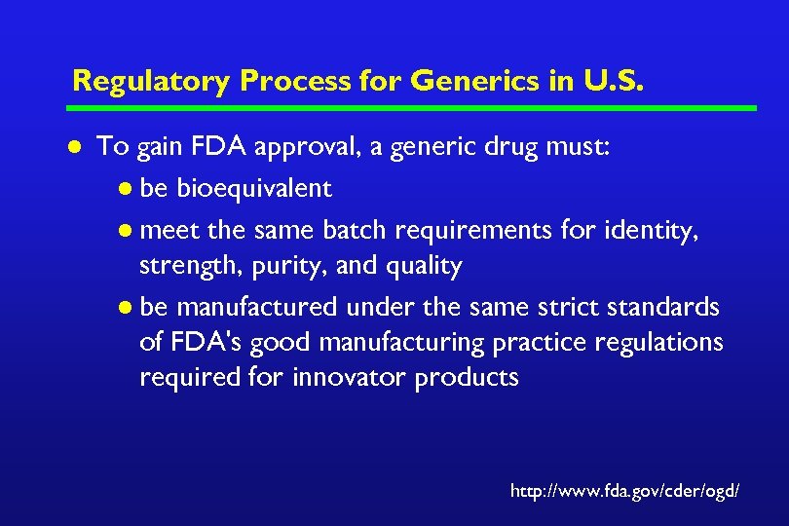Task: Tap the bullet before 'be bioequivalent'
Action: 128,189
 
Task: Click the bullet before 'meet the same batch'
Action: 128,230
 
